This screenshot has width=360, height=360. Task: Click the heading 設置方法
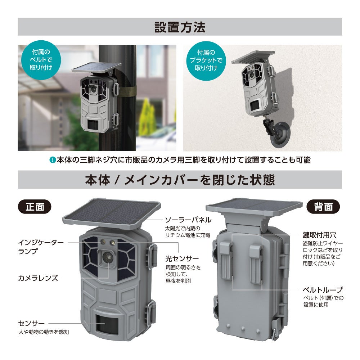(x=180, y=27)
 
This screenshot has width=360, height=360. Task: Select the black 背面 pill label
(x=323, y=207)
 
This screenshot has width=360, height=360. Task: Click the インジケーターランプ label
(x=41, y=247)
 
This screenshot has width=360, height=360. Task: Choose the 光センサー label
(x=181, y=259)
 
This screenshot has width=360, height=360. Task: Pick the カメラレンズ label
(x=38, y=278)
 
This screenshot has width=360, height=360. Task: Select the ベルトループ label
(x=322, y=289)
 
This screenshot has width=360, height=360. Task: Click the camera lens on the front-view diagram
(x=108, y=257)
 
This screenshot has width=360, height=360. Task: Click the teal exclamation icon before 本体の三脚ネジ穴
(x=53, y=160)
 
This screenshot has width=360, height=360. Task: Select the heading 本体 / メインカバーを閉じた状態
(x=180, y=180)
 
